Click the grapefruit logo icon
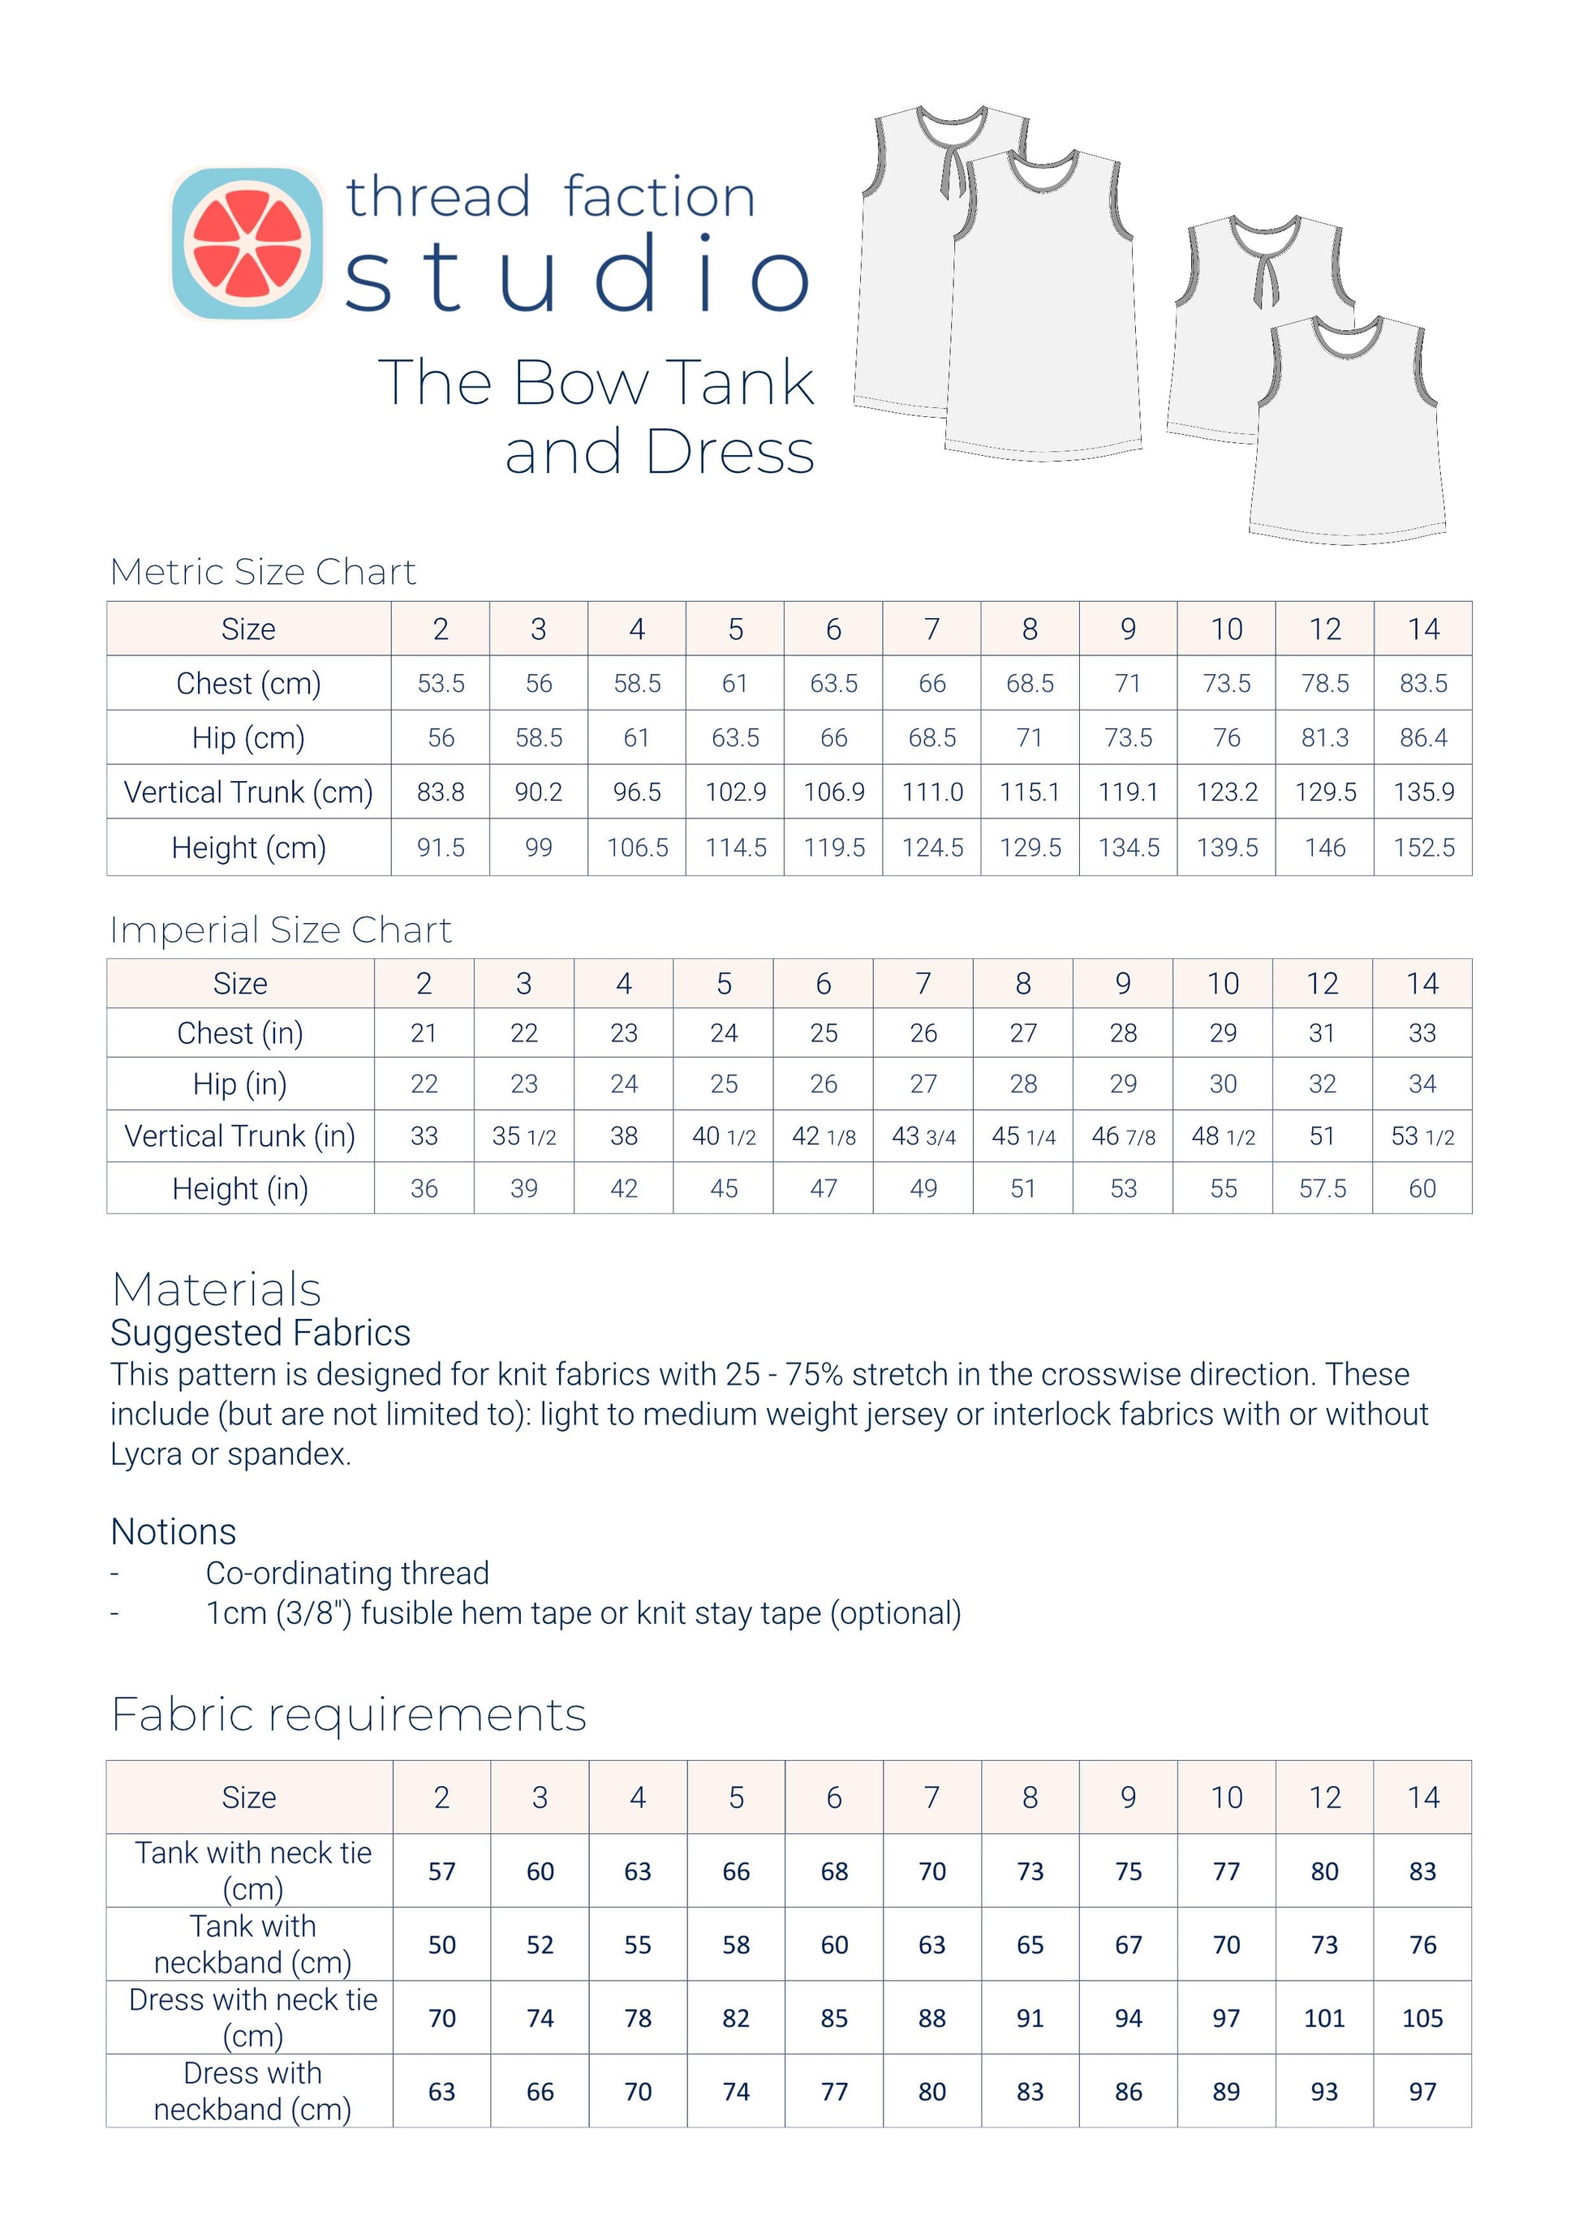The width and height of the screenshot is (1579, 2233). (247, 243)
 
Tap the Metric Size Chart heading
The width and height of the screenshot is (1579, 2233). (263, 572)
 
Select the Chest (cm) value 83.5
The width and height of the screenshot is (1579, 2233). (1422, 684)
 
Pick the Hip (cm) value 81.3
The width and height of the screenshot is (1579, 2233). (1324, 738)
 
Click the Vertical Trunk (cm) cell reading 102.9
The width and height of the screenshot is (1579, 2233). (735, 792)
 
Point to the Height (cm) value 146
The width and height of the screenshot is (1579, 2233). (1324, 848)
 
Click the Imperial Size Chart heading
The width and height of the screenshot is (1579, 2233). (280, 930)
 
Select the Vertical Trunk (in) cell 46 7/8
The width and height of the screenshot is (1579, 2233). (1123, 1136)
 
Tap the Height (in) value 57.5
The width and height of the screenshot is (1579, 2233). (1322, 1188)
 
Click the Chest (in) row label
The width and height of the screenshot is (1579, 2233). (240, 1033)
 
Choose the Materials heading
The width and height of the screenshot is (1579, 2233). (216, 1290)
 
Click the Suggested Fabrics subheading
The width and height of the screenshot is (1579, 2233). (260, 1333)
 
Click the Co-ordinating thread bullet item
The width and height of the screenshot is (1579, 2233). (346, 1573)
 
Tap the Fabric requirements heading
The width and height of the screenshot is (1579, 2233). (348, 1715)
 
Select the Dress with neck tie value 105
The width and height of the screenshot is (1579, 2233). (1422, 2019)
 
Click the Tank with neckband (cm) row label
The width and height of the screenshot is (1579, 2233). (252, 1945)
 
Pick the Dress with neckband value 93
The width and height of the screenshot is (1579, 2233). (1323, 2092)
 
